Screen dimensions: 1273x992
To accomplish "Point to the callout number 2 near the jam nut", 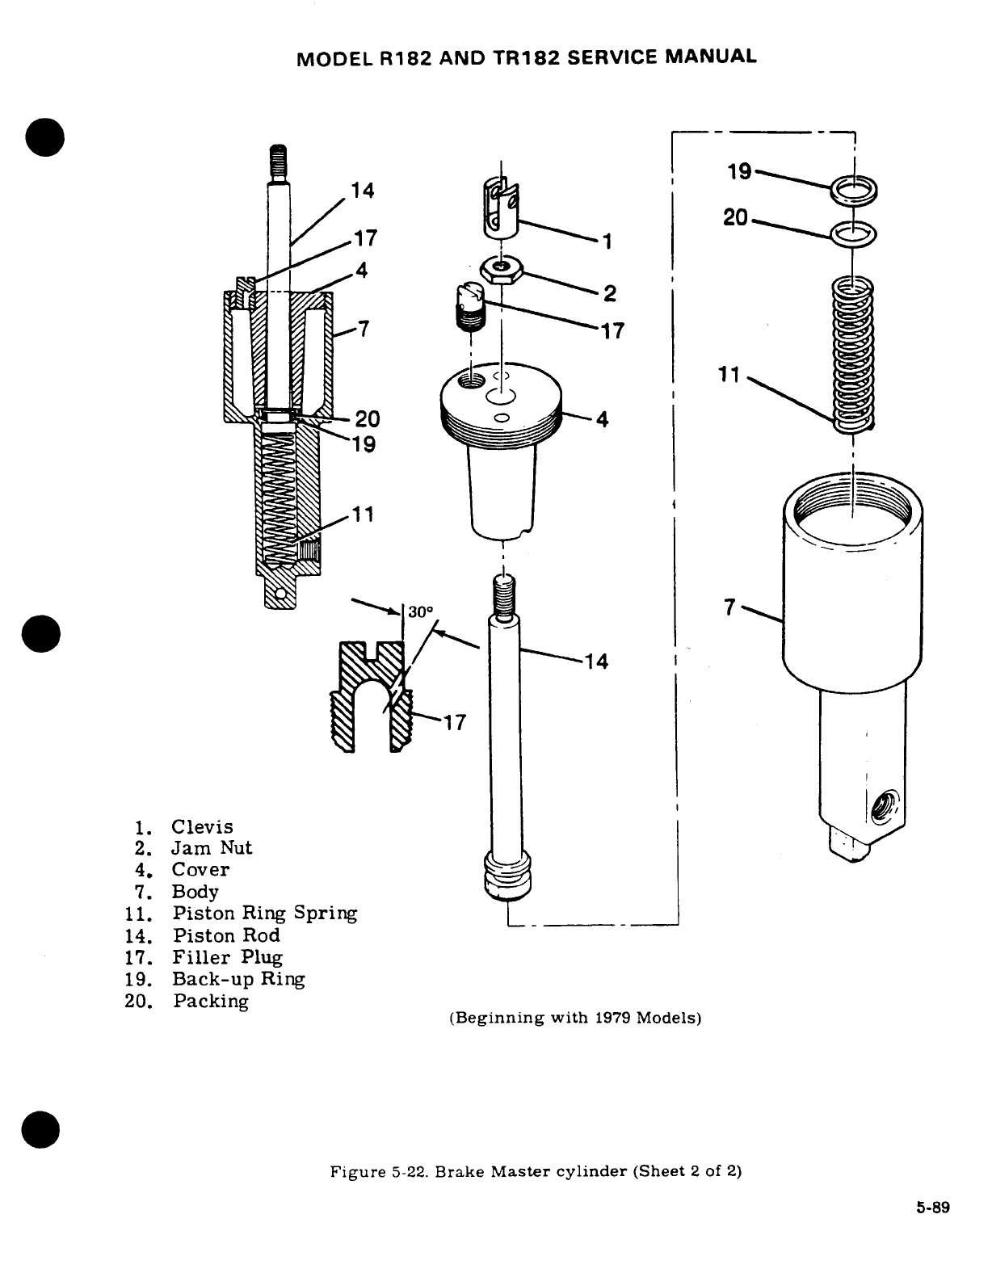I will click(x=610, y=293).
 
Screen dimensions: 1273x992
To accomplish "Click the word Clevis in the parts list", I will click(x=202, y=827).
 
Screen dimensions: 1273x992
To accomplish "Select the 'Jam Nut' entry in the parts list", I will click(x=212, y=848).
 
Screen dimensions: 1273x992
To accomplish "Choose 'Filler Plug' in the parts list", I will click(x=227, y=958).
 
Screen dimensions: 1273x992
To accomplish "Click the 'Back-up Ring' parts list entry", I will click(x=238, y=980).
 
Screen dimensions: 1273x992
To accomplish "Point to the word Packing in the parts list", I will click(x=210, y=1002).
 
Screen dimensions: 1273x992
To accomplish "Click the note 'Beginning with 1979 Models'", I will click(x=574, y=1018).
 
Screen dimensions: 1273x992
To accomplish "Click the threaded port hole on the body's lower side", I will click(x=884, y=806).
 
